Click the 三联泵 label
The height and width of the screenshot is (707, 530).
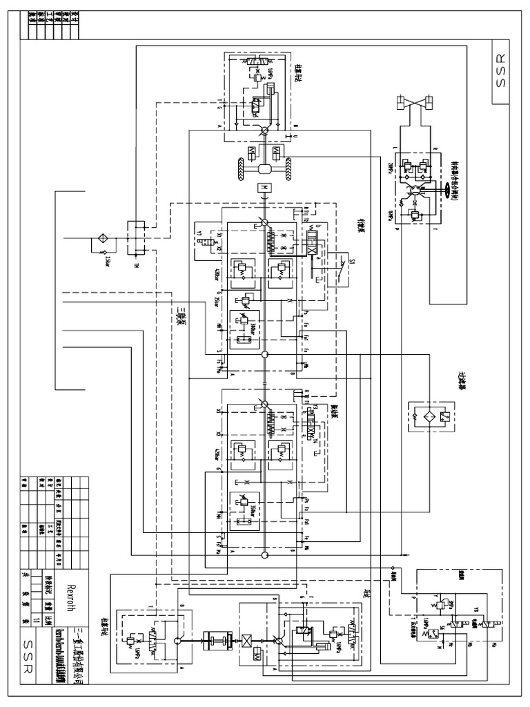tap(178, 321)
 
